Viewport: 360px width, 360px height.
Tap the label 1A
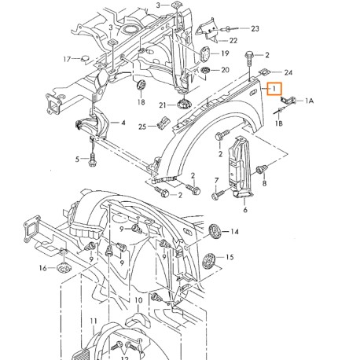point(309,101)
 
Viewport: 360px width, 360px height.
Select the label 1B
point(278,123)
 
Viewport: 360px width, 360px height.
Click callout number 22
point(233,39)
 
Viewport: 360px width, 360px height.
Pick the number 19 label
point(225,53)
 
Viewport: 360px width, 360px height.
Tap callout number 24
point(266,72)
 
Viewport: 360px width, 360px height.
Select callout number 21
point(163,105)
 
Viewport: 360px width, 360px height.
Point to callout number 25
point(142,126)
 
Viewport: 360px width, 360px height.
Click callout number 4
point(123,123)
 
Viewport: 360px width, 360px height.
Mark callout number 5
point(78,159)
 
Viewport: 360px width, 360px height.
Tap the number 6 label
point(244,211)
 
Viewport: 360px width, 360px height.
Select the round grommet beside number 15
point(209,259)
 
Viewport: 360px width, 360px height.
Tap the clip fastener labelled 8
point(263,167)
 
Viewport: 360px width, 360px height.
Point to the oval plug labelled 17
point(87,58)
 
